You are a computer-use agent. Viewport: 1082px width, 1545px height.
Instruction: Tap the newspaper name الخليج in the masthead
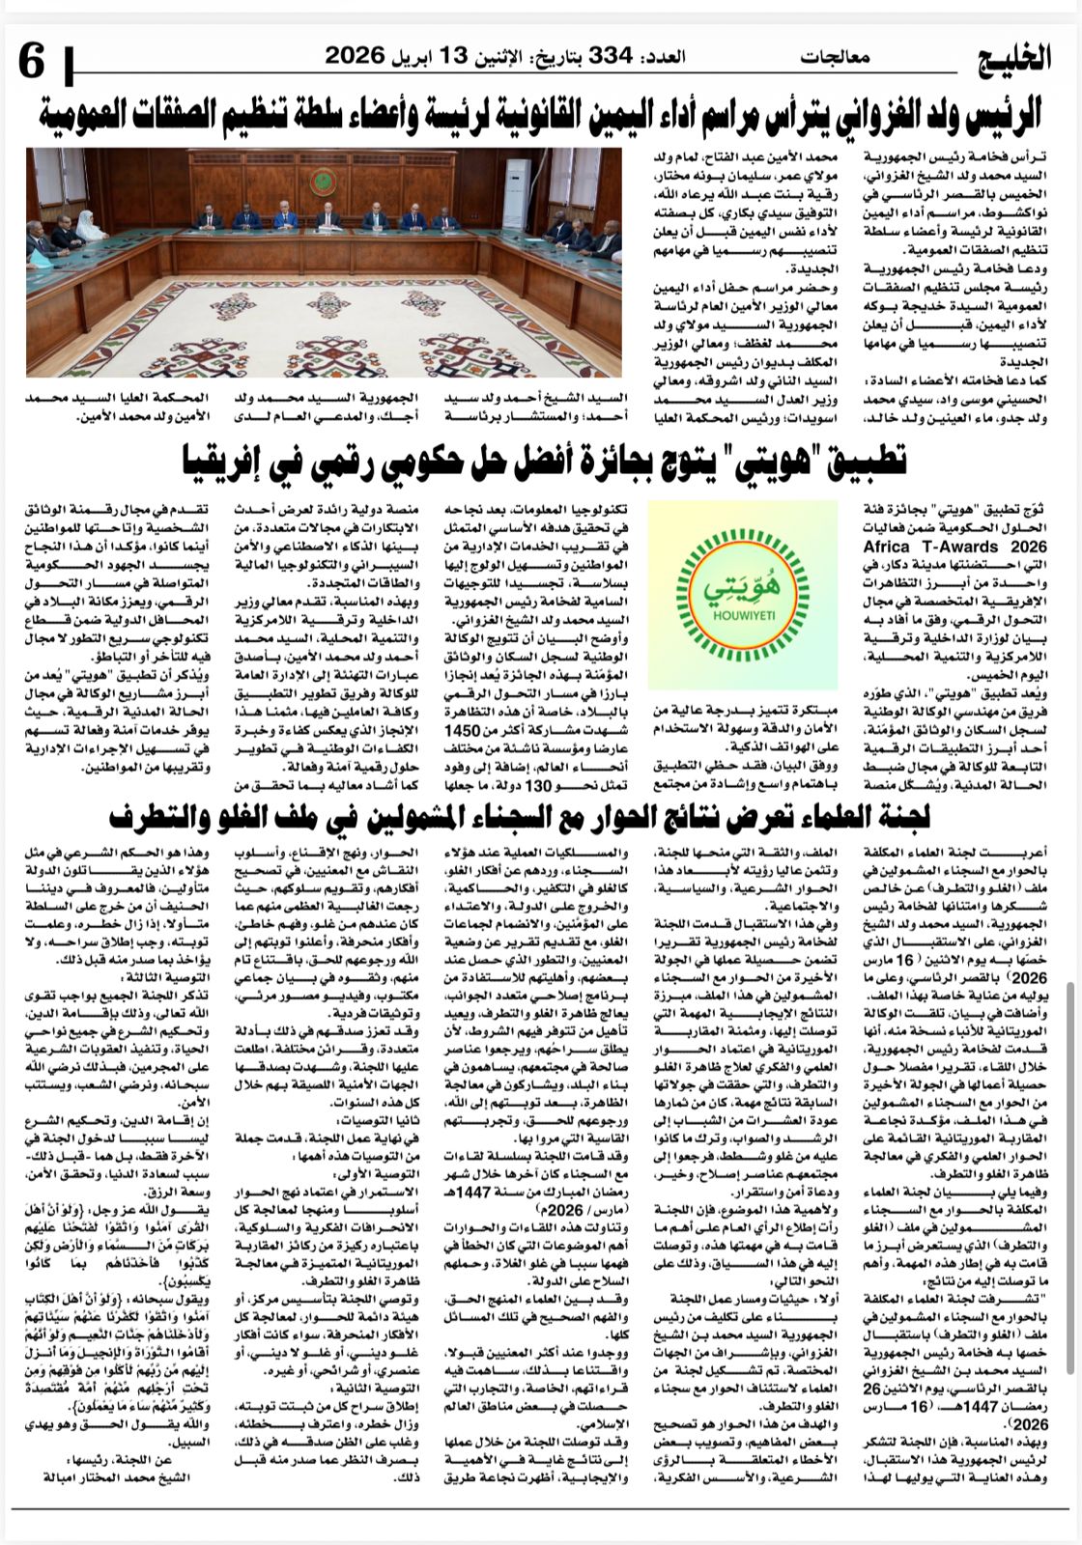(1011, 60)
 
